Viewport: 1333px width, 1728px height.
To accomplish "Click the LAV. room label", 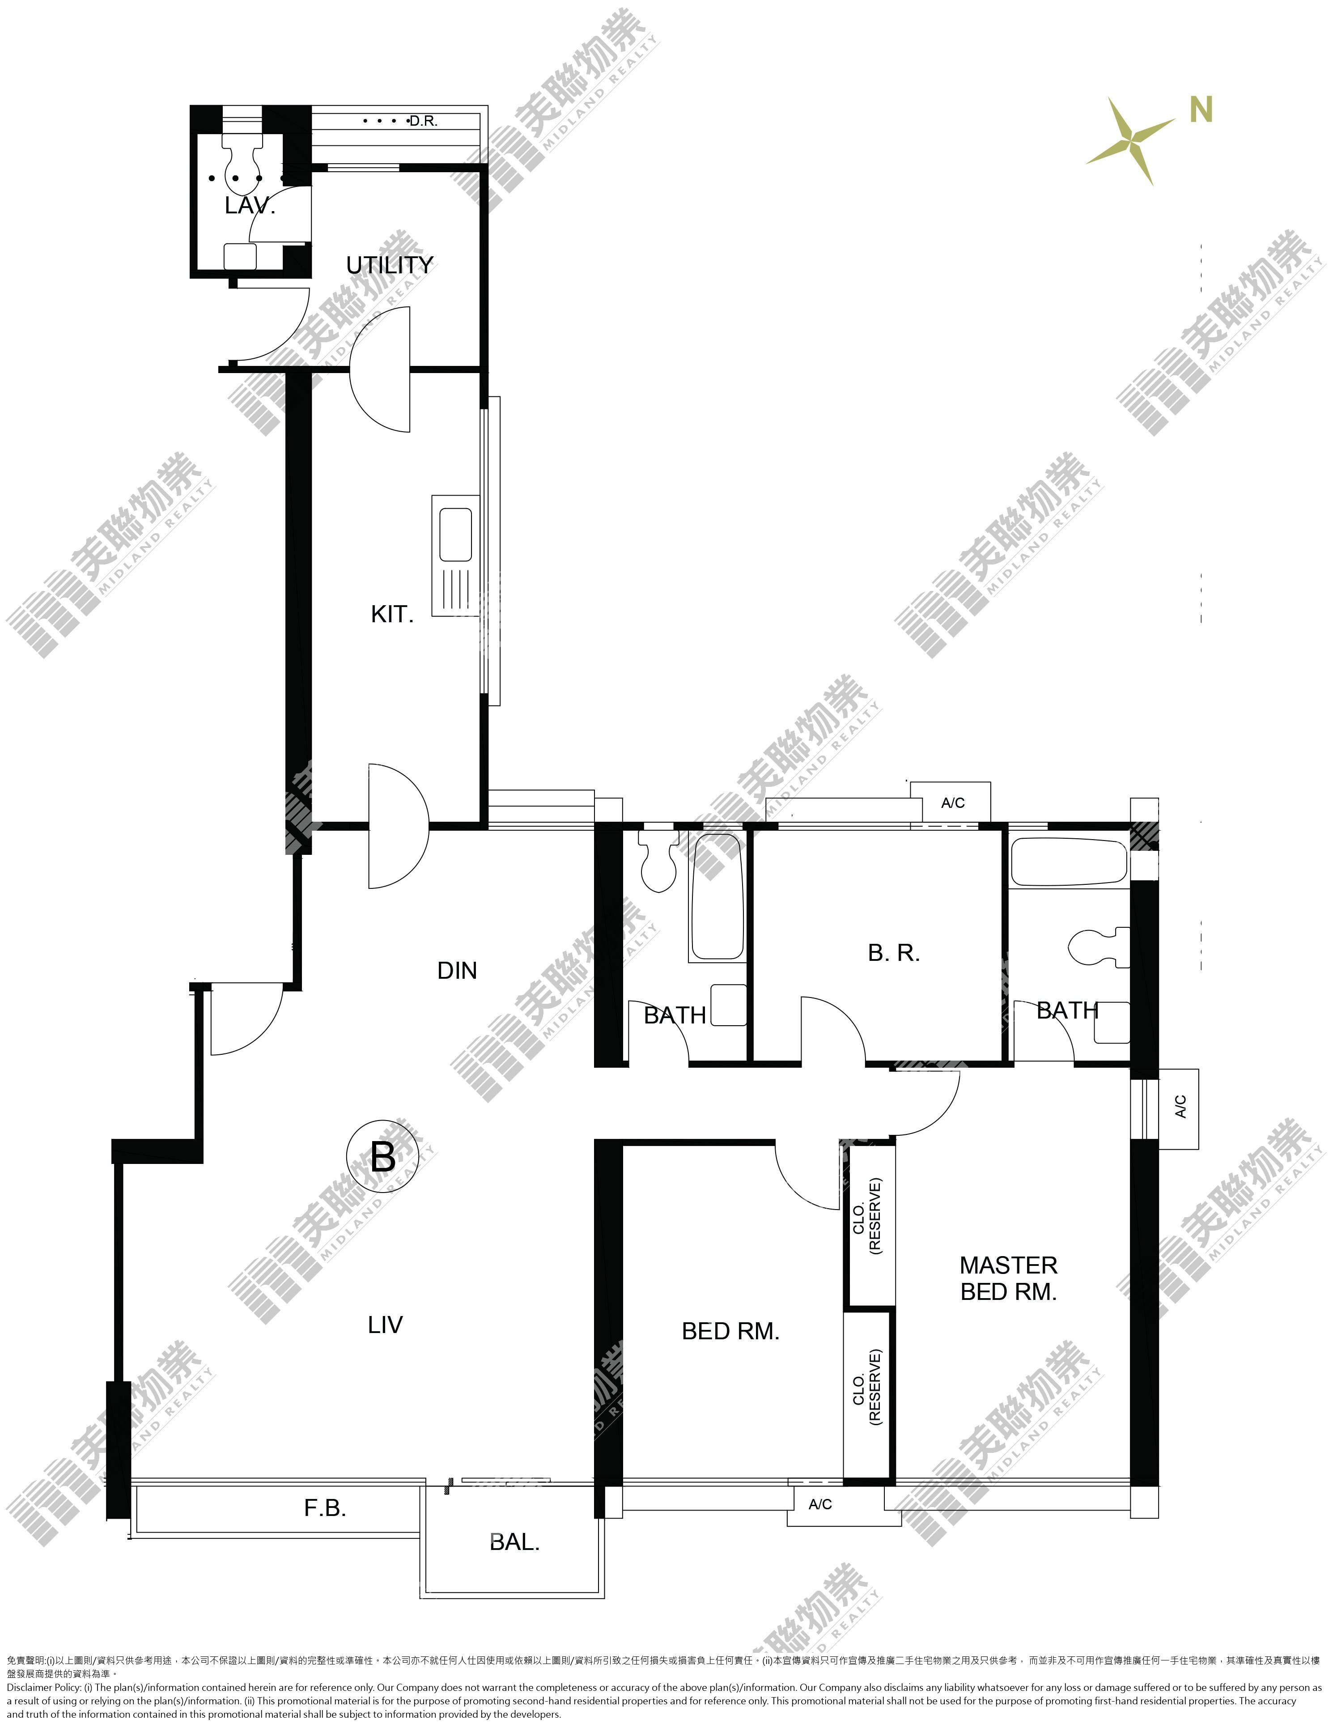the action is [x=250, y=207].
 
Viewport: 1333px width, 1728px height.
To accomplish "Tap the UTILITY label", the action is [x=390, y=265].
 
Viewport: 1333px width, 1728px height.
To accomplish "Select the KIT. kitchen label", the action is [x=392, y=614].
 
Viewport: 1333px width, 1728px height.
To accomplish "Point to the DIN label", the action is [x=457, y=971].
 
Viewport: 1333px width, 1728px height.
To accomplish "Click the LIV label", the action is [x=385, y=1325].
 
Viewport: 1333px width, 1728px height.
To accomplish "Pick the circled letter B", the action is [x=383, y=1158].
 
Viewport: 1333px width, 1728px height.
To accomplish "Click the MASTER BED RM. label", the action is [x=1009, y=1278].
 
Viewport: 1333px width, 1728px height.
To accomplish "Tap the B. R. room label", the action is [x=894, y=953].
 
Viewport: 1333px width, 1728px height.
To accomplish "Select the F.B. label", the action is [x=325, y=1508].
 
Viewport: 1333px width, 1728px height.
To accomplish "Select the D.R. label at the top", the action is [x=423, y=121].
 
